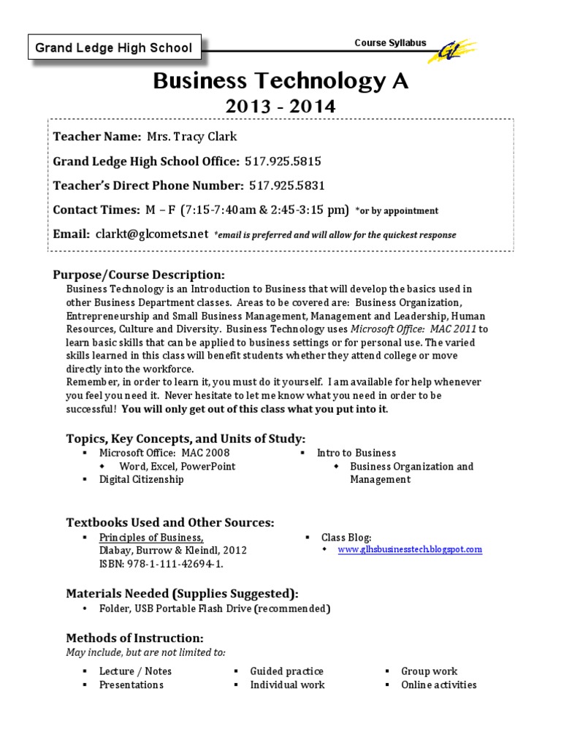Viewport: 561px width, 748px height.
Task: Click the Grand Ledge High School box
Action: [x=114, y=48]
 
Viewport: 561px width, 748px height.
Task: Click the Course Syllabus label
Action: [x=390, y=43]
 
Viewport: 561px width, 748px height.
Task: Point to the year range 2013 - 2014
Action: [x=280, y=107]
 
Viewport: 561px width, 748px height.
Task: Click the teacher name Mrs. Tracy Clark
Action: [x=192, y=137]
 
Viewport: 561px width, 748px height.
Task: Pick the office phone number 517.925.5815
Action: [x=283, y=161]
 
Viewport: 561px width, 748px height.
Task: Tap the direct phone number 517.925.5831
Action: [x=287, y=186]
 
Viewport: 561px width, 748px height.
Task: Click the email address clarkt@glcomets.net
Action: [x=151, y=234]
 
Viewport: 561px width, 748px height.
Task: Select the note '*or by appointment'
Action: [x=397, y=211]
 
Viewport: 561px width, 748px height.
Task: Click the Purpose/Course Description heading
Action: [x=139, y=275]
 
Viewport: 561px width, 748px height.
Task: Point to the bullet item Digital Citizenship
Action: [x=142, y=479]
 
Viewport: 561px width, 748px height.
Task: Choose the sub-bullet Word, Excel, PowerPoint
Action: [x=178, y=466]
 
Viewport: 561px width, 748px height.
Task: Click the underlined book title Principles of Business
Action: [x=151, y=537]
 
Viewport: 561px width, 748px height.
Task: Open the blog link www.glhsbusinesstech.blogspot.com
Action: [x=409, y=549]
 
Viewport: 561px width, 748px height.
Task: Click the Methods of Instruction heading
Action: [x=135, y=638]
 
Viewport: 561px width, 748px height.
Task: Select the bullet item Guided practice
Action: [x=286, y=671]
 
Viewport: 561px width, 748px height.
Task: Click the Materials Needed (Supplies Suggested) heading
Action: [x=182, y=592]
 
